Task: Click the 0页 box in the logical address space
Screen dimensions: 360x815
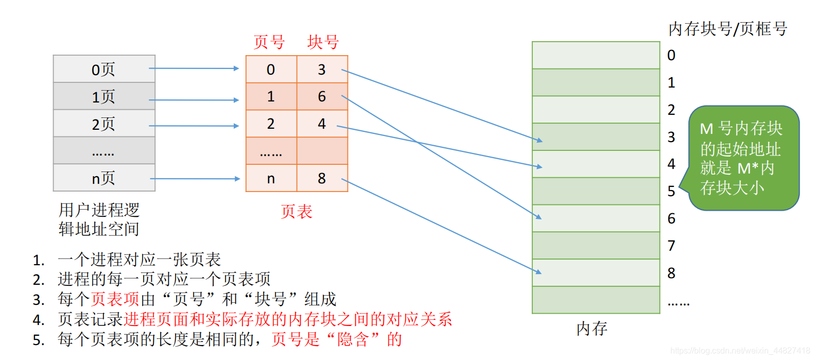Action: point(104,69)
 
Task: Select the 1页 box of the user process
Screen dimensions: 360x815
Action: point(104,96)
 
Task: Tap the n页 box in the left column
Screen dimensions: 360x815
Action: point(104,178)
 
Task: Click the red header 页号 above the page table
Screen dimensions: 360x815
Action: point(269,42)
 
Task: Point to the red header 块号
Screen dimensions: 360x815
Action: point(323,42)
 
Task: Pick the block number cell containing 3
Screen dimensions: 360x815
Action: point(322,70)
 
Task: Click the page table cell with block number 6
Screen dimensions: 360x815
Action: point(322,96)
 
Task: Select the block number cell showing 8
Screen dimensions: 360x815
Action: point(322,178)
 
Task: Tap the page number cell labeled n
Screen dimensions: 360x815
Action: point(271,178)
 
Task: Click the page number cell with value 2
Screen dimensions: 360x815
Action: point(271,124)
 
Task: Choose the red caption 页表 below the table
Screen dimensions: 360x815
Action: point(297,212)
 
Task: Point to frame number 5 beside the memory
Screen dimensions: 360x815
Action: point(671,192)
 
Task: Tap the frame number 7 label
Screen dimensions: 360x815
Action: point(671,246)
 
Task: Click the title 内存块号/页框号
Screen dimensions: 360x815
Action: point(727,29)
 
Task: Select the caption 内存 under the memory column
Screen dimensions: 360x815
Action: point(592,329)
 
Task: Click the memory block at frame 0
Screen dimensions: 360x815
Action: point(596,55)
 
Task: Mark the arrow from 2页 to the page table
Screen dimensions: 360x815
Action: point(194,126)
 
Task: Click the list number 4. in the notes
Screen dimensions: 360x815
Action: point(39,320)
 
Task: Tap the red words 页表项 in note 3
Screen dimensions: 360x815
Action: point(115,299)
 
